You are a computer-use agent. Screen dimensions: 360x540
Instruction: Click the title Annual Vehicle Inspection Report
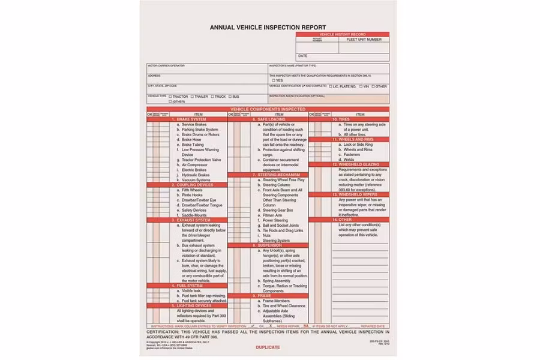point(268,27)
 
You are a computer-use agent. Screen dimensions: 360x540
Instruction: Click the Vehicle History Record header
point(342,35)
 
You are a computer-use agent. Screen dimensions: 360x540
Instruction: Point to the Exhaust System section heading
point(193,220)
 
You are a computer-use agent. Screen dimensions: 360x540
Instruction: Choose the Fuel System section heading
point(190,286)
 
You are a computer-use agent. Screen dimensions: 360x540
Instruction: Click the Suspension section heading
point(270,245)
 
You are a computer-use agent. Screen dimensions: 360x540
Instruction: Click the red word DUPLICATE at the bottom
point(268,347)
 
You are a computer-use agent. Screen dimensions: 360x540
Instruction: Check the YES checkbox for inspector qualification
point(274,80)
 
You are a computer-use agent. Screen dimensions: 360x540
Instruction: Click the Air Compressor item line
point(195,164)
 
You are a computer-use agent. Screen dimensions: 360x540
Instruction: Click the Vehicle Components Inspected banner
point(268,109)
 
